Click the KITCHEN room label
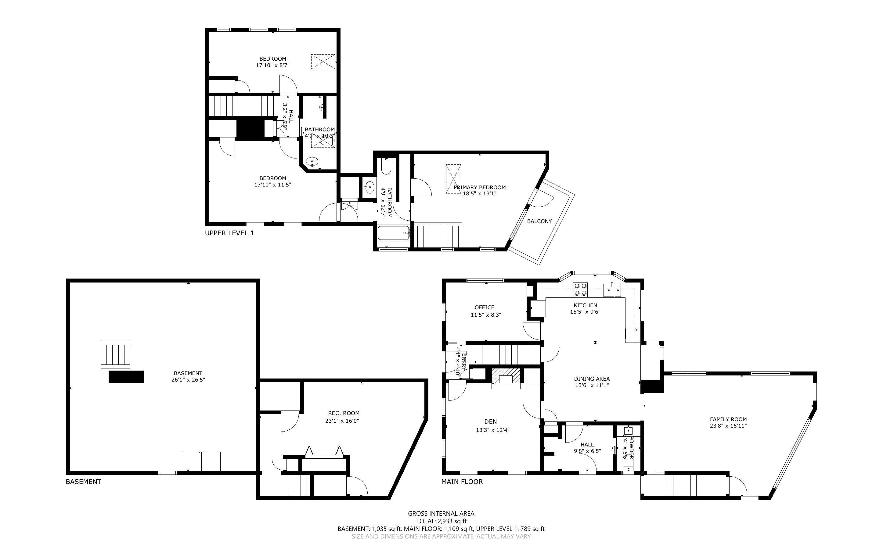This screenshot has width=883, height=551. click(x=585, y=305)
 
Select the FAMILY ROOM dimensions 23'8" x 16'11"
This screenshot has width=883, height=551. click(x=728, y=426)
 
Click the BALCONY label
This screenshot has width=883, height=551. click(x=539, y=221)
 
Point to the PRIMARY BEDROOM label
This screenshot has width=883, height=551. click(x=480, y=187)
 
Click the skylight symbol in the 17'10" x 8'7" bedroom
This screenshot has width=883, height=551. click(x=323, y=62)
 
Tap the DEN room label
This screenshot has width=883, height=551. click(x=491, y=422)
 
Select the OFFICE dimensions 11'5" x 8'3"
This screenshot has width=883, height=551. click(x=486, y=315)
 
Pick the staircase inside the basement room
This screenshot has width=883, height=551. click(x=115, y=354)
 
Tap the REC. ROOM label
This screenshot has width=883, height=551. click(x=344, y=413)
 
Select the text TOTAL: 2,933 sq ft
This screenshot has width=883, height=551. click(x=441, y=521)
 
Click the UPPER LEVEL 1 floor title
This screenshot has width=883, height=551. click(x=229, y=233)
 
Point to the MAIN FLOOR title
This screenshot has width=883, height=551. click(x=462, y=482)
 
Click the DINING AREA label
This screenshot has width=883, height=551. click(x=592, y=379)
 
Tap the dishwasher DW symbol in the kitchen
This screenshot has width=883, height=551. click(x=636, y=329)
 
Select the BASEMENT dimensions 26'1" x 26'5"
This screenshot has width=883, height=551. click(x=188, y=380)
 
